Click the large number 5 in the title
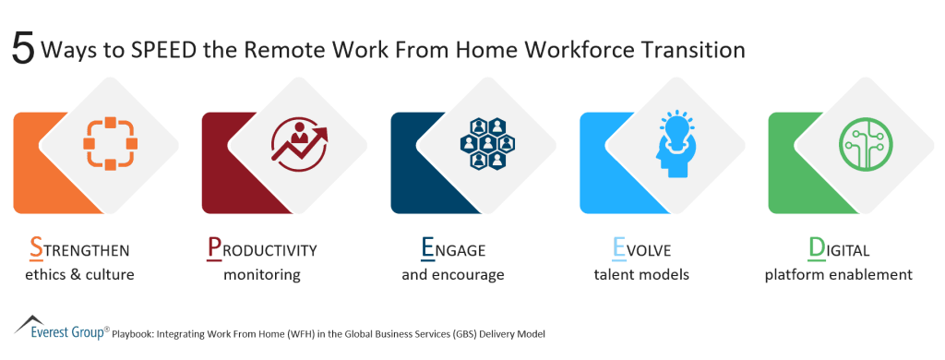coord(23,48)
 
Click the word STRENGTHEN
coord(79,249)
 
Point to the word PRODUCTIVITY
coord(261,249)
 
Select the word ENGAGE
coord(452,249)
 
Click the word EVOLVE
coord(641,249)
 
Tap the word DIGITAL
coord(839,249)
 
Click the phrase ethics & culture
coord(79,274)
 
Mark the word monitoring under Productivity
coord(261,274)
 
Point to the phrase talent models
coord(642,274)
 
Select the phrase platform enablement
coord(839,274)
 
